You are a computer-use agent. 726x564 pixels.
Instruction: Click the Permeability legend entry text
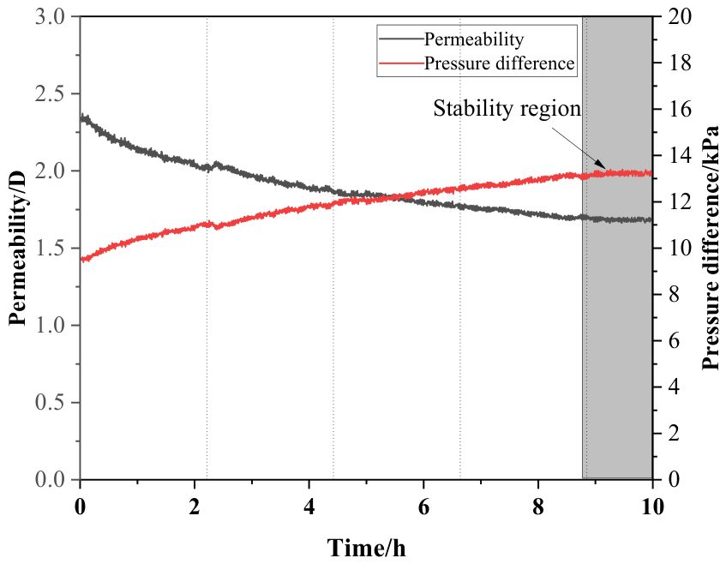tap(474, 39)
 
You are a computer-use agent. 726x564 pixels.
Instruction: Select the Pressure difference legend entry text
tap(499, 63)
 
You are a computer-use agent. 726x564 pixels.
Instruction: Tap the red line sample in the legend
tap(401, 63)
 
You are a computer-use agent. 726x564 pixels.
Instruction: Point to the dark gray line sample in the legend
tap(401, 39)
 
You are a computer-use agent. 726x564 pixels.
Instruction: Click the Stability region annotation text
tap(507, 108)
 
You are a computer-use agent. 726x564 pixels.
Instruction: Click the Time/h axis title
tap(366, 548)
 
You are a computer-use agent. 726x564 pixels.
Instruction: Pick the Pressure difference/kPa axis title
tap(710, 248)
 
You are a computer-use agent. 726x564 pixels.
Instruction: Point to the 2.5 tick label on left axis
tap(51, 94)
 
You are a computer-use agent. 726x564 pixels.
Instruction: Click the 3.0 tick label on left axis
tap(51, 17)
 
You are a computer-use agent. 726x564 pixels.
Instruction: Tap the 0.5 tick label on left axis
tap(51, 402)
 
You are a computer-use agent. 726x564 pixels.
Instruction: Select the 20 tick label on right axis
tap(679, 17)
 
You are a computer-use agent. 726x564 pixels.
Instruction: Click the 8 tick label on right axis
tap(674, 295)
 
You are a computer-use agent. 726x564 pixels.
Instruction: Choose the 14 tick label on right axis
tap(679, 156)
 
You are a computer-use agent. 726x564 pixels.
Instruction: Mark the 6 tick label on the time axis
tap(423, 507)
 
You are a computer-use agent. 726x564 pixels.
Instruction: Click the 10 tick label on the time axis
tap(652, 507)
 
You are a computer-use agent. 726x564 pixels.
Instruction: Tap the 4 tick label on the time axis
tap(309, 507)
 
